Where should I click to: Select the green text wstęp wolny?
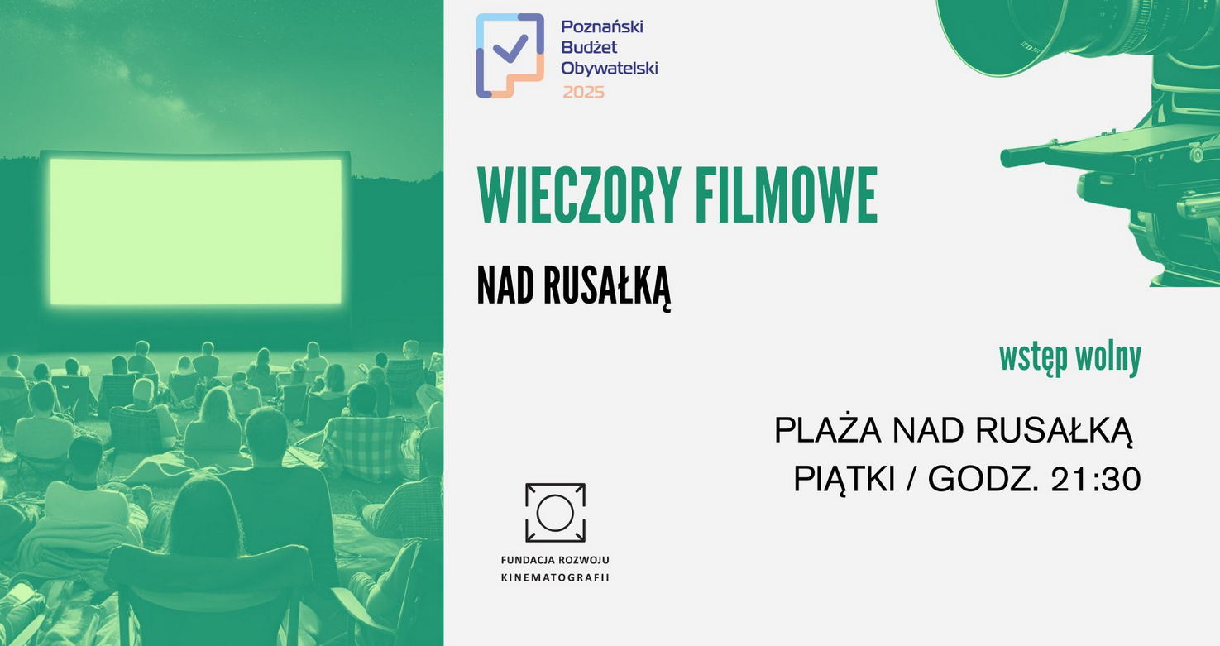pos(1069,357)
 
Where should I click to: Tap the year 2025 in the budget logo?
pos(583,92)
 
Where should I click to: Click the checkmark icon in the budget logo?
pos(510,47)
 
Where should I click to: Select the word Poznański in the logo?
pos(601,27)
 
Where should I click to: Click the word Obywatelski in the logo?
pos(609,69)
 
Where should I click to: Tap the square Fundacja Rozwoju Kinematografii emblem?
pos(555,513)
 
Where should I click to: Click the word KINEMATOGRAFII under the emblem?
pos(555,577)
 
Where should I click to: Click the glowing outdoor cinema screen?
pos(196,231)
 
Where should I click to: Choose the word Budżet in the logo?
pos(589,48)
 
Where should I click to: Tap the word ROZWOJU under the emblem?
pos(584,561)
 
